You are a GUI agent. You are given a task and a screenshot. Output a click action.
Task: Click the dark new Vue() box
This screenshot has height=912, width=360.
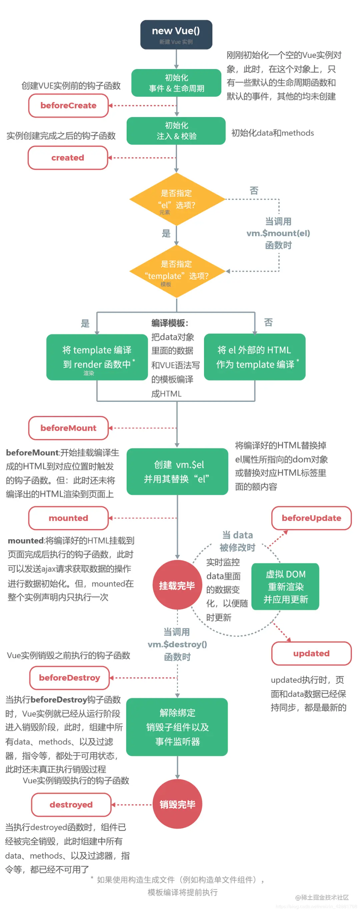click(176, 35)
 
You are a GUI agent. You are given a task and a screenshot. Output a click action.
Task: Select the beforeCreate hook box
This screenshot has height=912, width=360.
click(68, 105)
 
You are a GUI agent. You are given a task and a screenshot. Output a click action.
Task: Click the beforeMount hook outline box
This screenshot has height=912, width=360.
click(68, 428)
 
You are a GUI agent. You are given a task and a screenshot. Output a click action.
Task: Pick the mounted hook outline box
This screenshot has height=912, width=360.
click(68, 518)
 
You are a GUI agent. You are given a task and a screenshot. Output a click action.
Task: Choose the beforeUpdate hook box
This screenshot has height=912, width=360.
click(311, 518)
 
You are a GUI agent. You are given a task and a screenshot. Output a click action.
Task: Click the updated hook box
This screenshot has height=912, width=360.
click(311, 653)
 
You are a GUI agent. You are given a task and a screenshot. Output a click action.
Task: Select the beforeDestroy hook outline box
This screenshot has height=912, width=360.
click(69, 678)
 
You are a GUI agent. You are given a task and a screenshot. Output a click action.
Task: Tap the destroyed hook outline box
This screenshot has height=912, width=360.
click(71, 804)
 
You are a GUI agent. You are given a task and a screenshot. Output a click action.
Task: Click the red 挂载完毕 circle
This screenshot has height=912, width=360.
click(177, 586)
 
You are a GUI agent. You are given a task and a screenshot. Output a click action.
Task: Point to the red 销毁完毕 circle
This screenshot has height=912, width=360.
click(177, 804)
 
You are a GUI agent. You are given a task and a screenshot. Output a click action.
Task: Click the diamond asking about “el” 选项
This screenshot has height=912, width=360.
click(177, 199)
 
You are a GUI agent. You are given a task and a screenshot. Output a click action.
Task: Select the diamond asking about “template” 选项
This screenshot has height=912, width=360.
click(177, 271)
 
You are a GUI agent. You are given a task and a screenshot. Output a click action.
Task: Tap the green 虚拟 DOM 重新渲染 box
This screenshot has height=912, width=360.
click(285, 586)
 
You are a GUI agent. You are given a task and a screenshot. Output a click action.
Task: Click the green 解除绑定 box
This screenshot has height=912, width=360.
click(177, 727)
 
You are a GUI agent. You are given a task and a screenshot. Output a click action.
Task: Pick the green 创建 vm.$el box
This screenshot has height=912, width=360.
click(177, 472)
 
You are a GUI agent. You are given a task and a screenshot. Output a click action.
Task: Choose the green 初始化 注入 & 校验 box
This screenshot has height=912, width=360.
click(176, 131)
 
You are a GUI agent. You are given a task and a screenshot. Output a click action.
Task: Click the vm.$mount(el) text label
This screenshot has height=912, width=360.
click(278, 233)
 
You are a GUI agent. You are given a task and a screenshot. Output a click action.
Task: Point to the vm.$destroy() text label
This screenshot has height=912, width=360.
click(177, 644)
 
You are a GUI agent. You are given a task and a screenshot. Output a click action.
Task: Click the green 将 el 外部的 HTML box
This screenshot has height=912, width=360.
click(255, 357)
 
